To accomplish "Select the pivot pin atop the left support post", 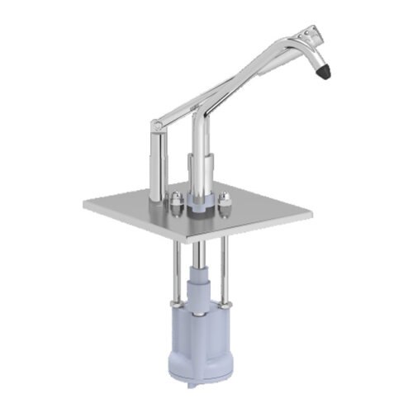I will (157, 126).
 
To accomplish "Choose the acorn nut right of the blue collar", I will (224, 200).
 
